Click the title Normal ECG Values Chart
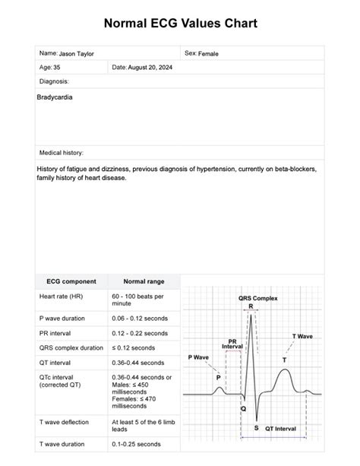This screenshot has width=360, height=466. click(180, 24)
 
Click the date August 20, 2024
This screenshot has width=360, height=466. click(149, 68)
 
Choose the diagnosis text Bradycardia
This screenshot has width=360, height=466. click(55, 98)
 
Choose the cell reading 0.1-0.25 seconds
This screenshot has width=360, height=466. click(136, 444)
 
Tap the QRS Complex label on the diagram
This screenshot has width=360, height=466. click(257, 298)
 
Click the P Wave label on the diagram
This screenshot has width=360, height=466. click(198, 357)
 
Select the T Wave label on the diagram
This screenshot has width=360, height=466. click(302, 335)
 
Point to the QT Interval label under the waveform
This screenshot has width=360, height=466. click(280, 429)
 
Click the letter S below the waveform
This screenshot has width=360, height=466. click(256, 428)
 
